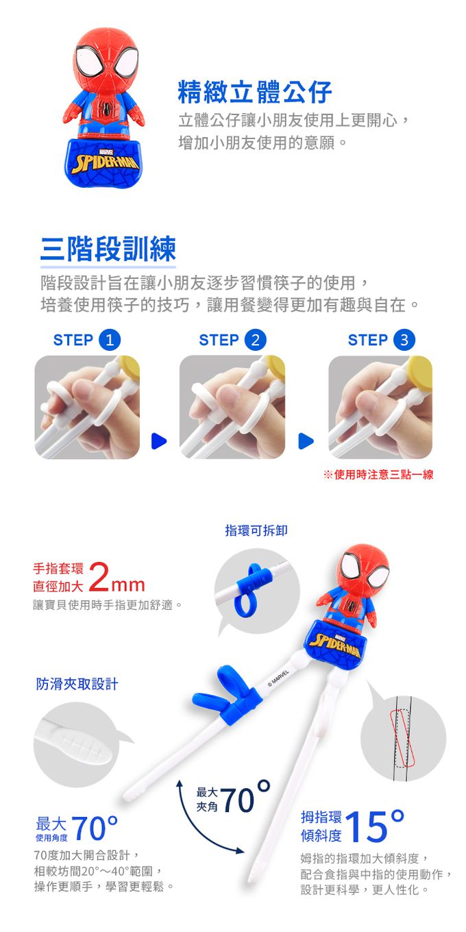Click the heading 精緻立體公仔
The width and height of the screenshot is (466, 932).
pyautogui.click(x=255, y=92)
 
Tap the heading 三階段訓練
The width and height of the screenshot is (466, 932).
pyautogui.click(x=108, y=249)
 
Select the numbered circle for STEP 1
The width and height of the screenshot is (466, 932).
pyautogui.click(x=110, y=340)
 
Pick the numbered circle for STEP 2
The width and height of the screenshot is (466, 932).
pyautogui.click(x=255, y=340)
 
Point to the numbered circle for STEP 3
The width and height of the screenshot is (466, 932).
pyautogui.click(x=404, y=340)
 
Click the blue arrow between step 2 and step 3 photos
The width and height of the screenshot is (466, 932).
pyautogui.click(x=306, y=441)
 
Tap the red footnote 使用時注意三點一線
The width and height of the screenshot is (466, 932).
pyautogui.click(x=378, y=474)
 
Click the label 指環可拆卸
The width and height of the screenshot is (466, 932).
pyautogui.click(x=256, y=530)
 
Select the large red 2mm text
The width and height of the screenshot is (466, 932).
pyautogui.click(x=117, y=577)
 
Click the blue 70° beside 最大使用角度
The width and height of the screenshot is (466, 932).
pyautogui.click(x=95, y=828)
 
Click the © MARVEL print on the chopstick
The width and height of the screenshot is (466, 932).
pyautogui.click(x=278, y=677)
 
